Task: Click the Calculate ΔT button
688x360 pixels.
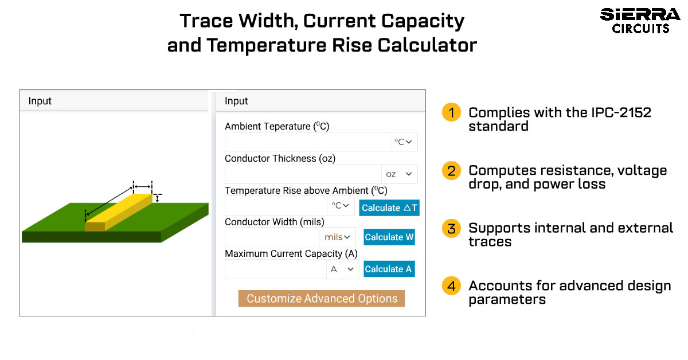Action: [x=389, y=208]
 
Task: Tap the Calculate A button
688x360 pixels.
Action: [x=389, y=269]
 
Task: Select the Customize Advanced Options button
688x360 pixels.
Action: [x=322, y=298]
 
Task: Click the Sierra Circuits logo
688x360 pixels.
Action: [x=640, y=21]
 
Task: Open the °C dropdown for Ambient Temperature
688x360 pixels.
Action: [x=404, y=142]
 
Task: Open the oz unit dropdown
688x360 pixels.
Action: [x=399, y=174]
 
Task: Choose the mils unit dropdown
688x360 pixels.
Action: [x=338, y=237]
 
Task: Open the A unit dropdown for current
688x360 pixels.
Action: [x=342, y=269]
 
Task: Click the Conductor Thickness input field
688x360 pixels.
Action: [x=303, y=174]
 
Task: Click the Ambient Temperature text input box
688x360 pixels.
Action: [x=307, y=142]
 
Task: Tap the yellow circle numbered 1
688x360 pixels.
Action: [x=451, y=112]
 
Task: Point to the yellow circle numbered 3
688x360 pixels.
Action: [x=451, y=228]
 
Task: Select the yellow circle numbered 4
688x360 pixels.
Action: [x=451, y=285]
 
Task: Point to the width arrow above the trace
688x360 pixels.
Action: [x=143, y=186]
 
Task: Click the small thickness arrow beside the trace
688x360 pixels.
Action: [x=157, y=198]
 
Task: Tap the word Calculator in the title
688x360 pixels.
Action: [x=427, y=45]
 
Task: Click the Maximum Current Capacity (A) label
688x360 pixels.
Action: [x=291, y=254]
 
